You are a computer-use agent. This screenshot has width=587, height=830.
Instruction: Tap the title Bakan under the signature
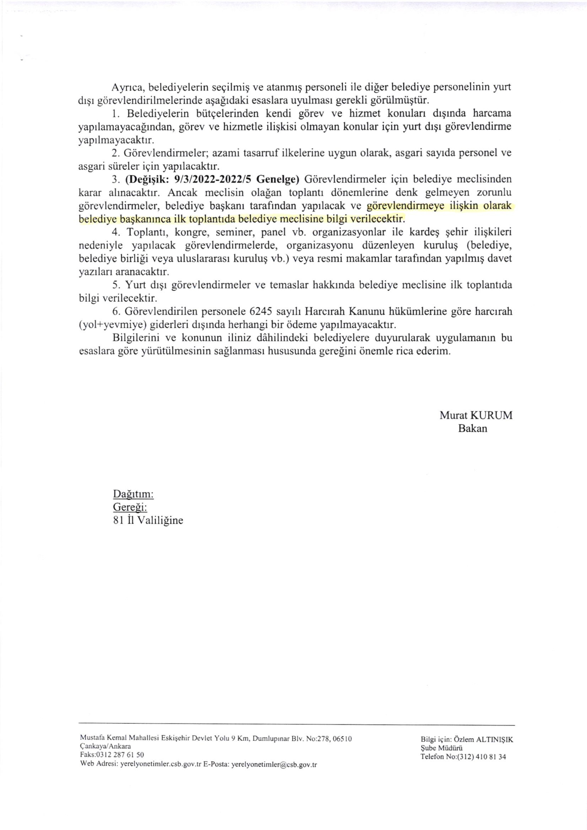click(472, 428)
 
